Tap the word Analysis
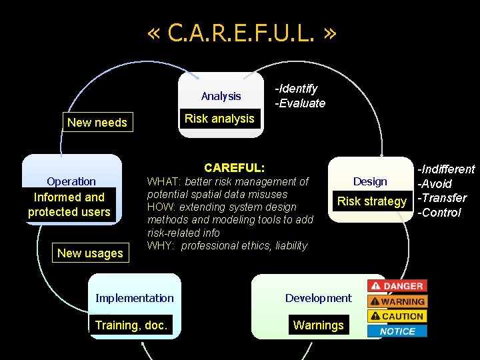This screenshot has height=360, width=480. (221, 96)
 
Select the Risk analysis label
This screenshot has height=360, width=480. (219, 119)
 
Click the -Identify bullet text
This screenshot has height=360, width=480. (297, 89)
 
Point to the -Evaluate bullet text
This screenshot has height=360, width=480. (301, 103)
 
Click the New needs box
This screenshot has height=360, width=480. (97, 122)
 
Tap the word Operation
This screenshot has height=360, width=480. (71, 181)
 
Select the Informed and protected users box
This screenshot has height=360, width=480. (69, 205)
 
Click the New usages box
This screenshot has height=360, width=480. (90, 253)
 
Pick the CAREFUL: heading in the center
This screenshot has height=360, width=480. (234, 167)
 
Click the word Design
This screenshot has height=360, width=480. (370, 181)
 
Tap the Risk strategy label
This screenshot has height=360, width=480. (372, 201)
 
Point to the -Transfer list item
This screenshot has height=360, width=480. (441, 198)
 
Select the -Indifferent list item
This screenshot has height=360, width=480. (446, 169)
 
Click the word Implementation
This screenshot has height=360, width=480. (134, 298)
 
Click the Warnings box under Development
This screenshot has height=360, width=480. (319, 325)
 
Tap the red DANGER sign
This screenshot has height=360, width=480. (397, 286)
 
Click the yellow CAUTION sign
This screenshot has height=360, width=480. (397, 316)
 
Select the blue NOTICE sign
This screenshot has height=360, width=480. (397, 331)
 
